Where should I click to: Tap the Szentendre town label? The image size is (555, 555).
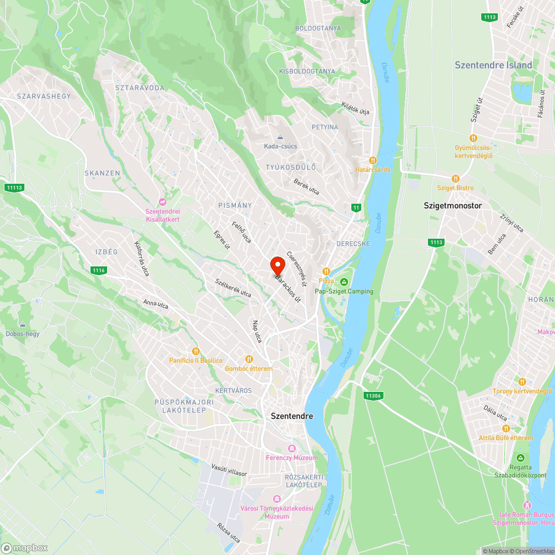point(291,416)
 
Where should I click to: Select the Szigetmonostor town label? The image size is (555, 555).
point(453,205)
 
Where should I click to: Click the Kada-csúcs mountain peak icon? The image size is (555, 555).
point(280,137)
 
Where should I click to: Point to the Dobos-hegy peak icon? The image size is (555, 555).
point(22,325)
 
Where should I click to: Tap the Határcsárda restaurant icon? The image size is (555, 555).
point(373,160)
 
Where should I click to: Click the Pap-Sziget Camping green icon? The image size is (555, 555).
point(344,282)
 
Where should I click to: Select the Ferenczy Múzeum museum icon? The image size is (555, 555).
point(292,448)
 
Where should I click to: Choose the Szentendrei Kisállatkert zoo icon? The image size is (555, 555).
point(163,201)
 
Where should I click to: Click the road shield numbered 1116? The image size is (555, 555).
point(99,270)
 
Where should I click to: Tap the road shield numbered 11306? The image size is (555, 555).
point(373,395)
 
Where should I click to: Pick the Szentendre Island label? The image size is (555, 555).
point(493,65)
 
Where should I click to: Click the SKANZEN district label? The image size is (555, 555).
point(102,173)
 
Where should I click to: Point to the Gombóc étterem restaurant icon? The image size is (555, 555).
point(249,359)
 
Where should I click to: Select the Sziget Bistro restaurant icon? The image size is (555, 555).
point(455,179)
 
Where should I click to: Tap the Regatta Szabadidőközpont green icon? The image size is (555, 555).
point(521,458)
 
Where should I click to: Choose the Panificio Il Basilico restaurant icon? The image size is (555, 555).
point(195,351)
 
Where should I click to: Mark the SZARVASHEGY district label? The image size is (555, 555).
point(44,96)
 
